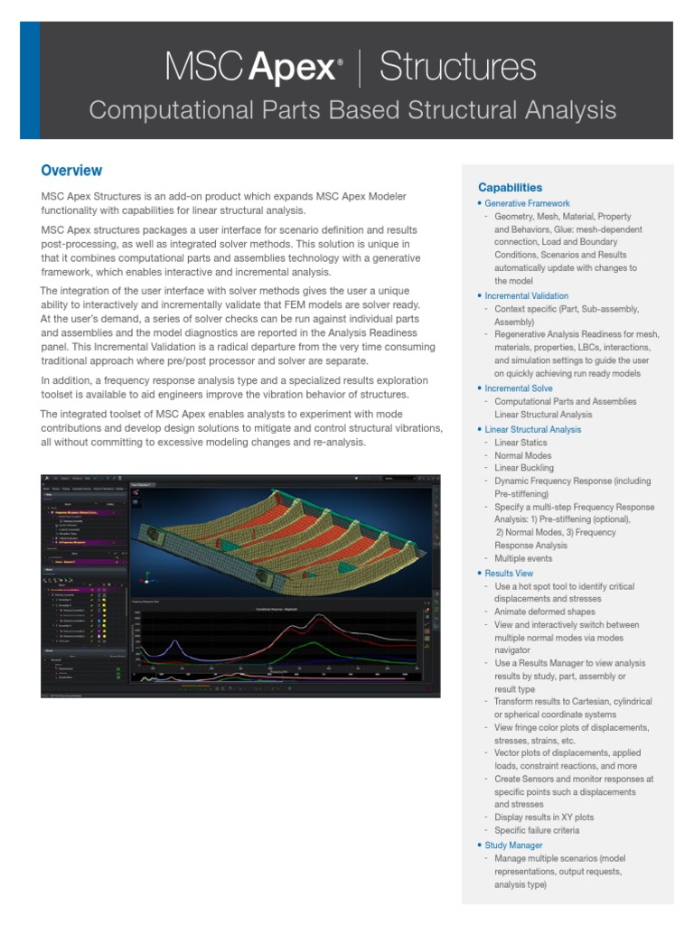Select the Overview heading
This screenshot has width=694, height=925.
point(71,171)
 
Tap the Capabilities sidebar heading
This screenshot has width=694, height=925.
point(510,187)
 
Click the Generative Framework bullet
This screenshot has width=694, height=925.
point(527,204)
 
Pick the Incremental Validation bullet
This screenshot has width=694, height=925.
point(526,296)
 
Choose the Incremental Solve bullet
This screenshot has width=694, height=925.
point(519,388)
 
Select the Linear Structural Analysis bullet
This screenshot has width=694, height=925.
point(532,429)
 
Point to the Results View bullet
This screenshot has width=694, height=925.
point(509,574)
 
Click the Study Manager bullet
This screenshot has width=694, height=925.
point(513,846)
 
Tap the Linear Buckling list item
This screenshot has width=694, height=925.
point(525,469)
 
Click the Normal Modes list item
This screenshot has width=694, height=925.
point(522,455)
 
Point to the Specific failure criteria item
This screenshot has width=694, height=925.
point(537,830)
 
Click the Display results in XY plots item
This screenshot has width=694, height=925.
point(544,818)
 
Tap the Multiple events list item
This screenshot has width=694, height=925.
point(524,559)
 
